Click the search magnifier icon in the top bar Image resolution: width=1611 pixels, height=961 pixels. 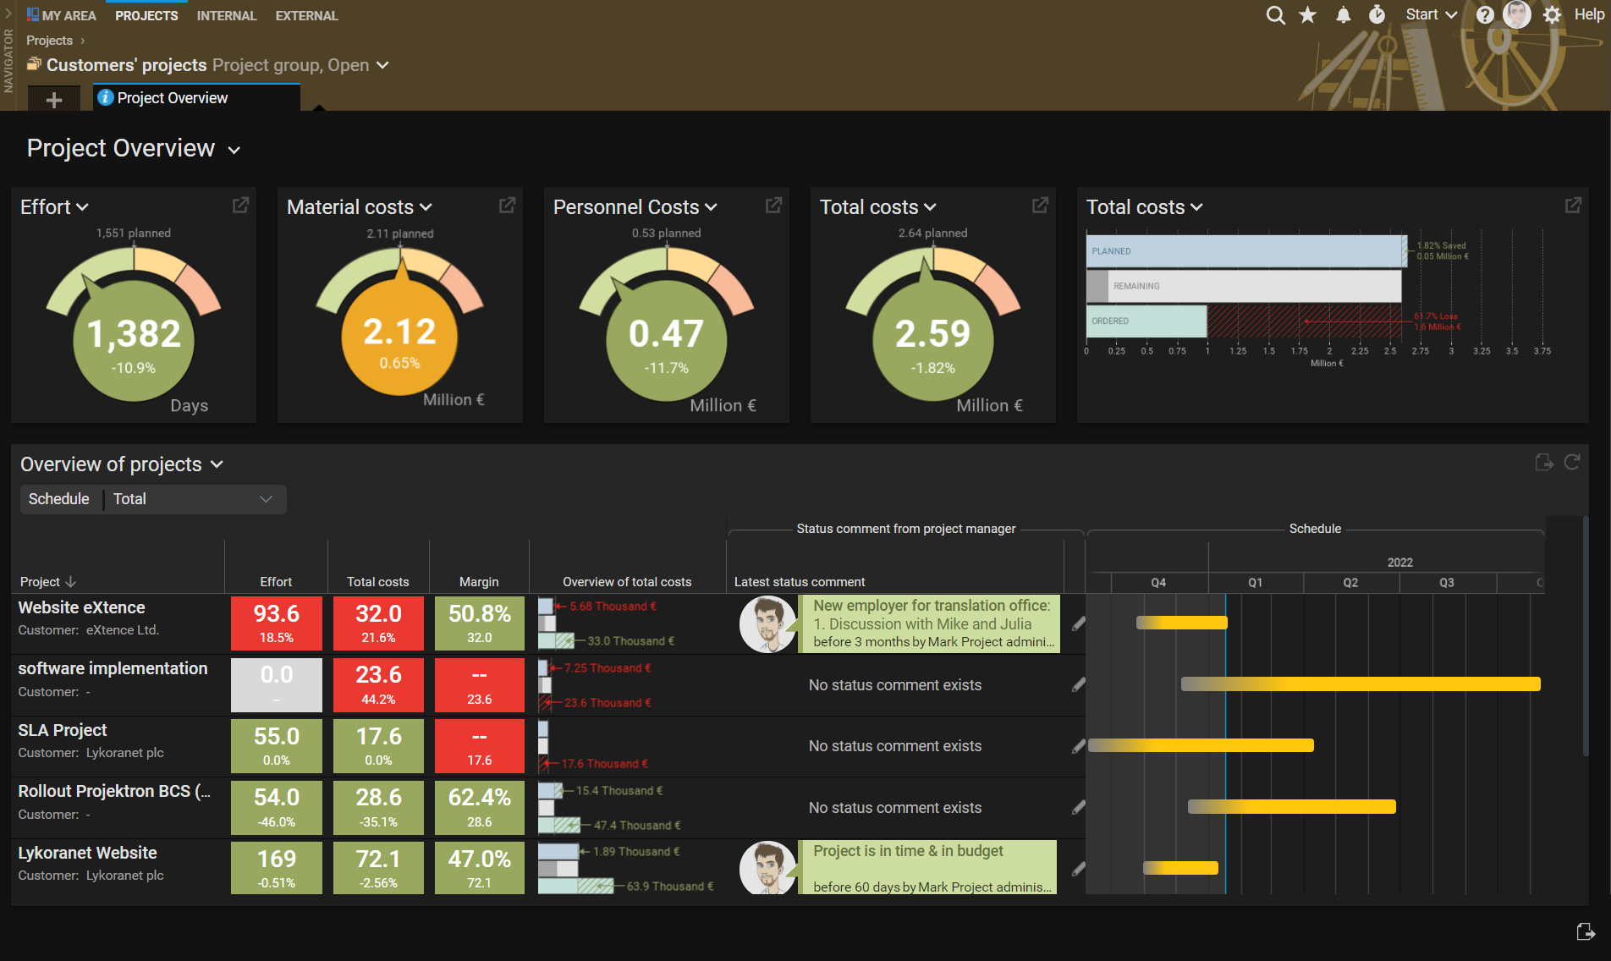pos(1275,15)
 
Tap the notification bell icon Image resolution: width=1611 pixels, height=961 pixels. pos(1343,15)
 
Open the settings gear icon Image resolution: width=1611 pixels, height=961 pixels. pos(1552,15)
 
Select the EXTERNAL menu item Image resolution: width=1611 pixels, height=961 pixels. pos(306,15)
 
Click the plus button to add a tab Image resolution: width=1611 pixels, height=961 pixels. pos(54,100)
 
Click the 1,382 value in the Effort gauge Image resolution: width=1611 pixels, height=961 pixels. pos(134,334)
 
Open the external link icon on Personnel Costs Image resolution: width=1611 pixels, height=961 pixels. pos(773,206)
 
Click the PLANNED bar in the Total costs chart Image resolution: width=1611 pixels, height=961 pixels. pos(1244,251)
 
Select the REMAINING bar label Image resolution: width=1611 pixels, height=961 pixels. pos(1136,286)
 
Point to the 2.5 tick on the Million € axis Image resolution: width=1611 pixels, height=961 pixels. pos(1390,351)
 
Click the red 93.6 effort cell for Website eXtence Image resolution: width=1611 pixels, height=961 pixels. pos(277,623)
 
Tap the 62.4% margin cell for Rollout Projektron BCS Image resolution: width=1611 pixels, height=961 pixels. pos(479,807)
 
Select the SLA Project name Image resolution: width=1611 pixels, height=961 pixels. pos(63,730)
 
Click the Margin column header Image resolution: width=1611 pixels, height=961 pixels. pos(479,582)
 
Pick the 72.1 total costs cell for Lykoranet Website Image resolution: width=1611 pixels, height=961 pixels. pos(378,868)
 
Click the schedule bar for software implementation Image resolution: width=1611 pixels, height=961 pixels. pos(1360,684)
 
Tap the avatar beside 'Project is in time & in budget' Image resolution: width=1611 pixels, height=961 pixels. pos(767,868)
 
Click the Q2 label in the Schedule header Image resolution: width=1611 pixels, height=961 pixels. pos(1350,583)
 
